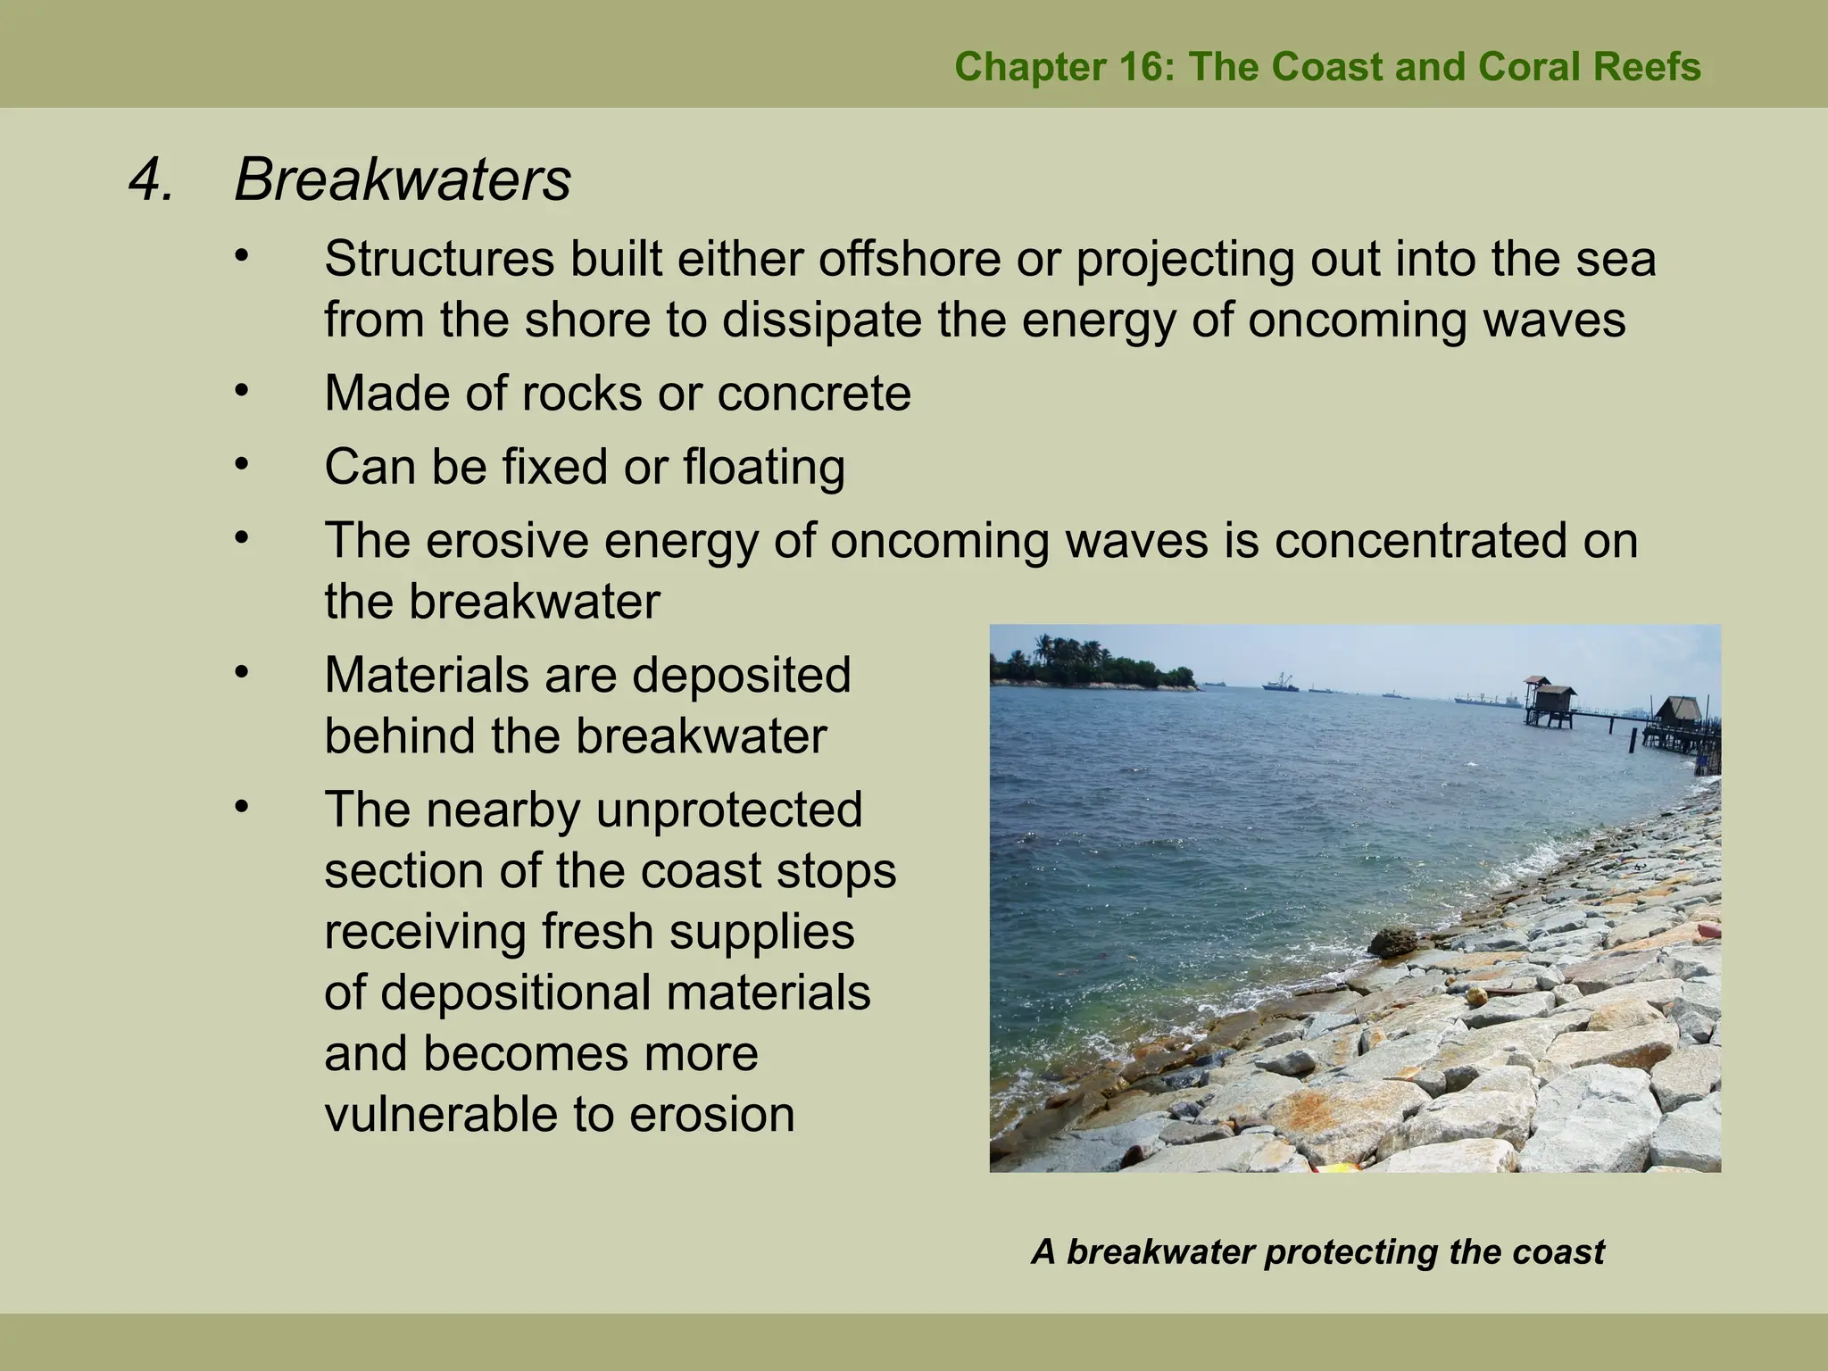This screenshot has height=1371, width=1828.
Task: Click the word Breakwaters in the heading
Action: click(x=402, y=180)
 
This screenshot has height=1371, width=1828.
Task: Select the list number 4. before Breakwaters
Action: click(x=152, y=180)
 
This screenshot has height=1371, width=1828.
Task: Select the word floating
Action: click(x=764, y=467)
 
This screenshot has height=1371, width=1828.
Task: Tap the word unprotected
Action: click(x=728, y=810)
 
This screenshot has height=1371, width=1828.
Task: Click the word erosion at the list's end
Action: click(x=711, y=1115)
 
